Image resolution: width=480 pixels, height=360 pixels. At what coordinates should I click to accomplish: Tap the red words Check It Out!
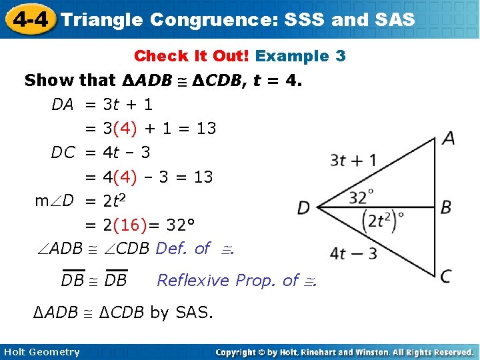192,56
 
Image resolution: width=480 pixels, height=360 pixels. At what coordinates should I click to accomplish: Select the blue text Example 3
301,56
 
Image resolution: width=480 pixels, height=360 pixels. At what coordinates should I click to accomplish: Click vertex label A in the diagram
449,138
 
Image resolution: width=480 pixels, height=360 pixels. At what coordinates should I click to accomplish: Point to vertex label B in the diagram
446,207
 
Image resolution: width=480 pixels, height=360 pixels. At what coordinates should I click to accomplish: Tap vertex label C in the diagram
446,275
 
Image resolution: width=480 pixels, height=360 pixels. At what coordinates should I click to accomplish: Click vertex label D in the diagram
304,208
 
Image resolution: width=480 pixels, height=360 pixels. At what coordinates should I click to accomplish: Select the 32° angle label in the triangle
361,197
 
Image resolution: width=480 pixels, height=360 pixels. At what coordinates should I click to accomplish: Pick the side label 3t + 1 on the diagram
353,160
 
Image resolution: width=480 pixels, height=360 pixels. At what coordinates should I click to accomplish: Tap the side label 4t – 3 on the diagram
353,253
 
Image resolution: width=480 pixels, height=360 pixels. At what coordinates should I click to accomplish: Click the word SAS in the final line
195,312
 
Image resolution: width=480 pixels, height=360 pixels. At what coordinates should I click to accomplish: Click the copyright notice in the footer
344,352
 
